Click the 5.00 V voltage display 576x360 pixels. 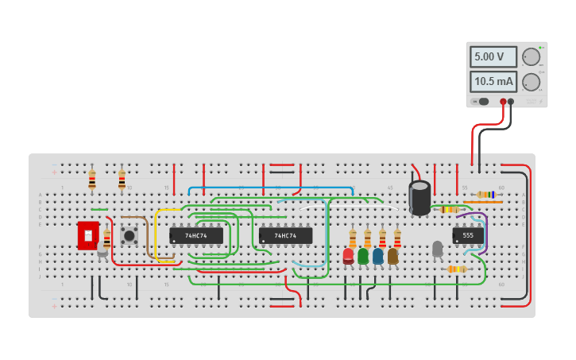493,57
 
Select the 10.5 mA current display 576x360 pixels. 493,82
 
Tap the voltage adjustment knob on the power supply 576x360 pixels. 531,57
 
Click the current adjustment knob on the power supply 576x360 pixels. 531,82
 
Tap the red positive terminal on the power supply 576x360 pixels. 503,102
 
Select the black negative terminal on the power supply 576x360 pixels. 511,102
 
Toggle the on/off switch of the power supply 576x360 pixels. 482,102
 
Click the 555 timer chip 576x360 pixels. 468,236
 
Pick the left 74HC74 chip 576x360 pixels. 195,236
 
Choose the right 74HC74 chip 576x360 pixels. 285,236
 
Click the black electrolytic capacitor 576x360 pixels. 419,198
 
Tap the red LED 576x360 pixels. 348,256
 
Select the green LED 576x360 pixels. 363,256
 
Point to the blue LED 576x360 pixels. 378,256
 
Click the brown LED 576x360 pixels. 392,256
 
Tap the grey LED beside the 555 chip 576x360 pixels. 437,250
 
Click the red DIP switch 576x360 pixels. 87,235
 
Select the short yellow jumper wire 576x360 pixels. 157,234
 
